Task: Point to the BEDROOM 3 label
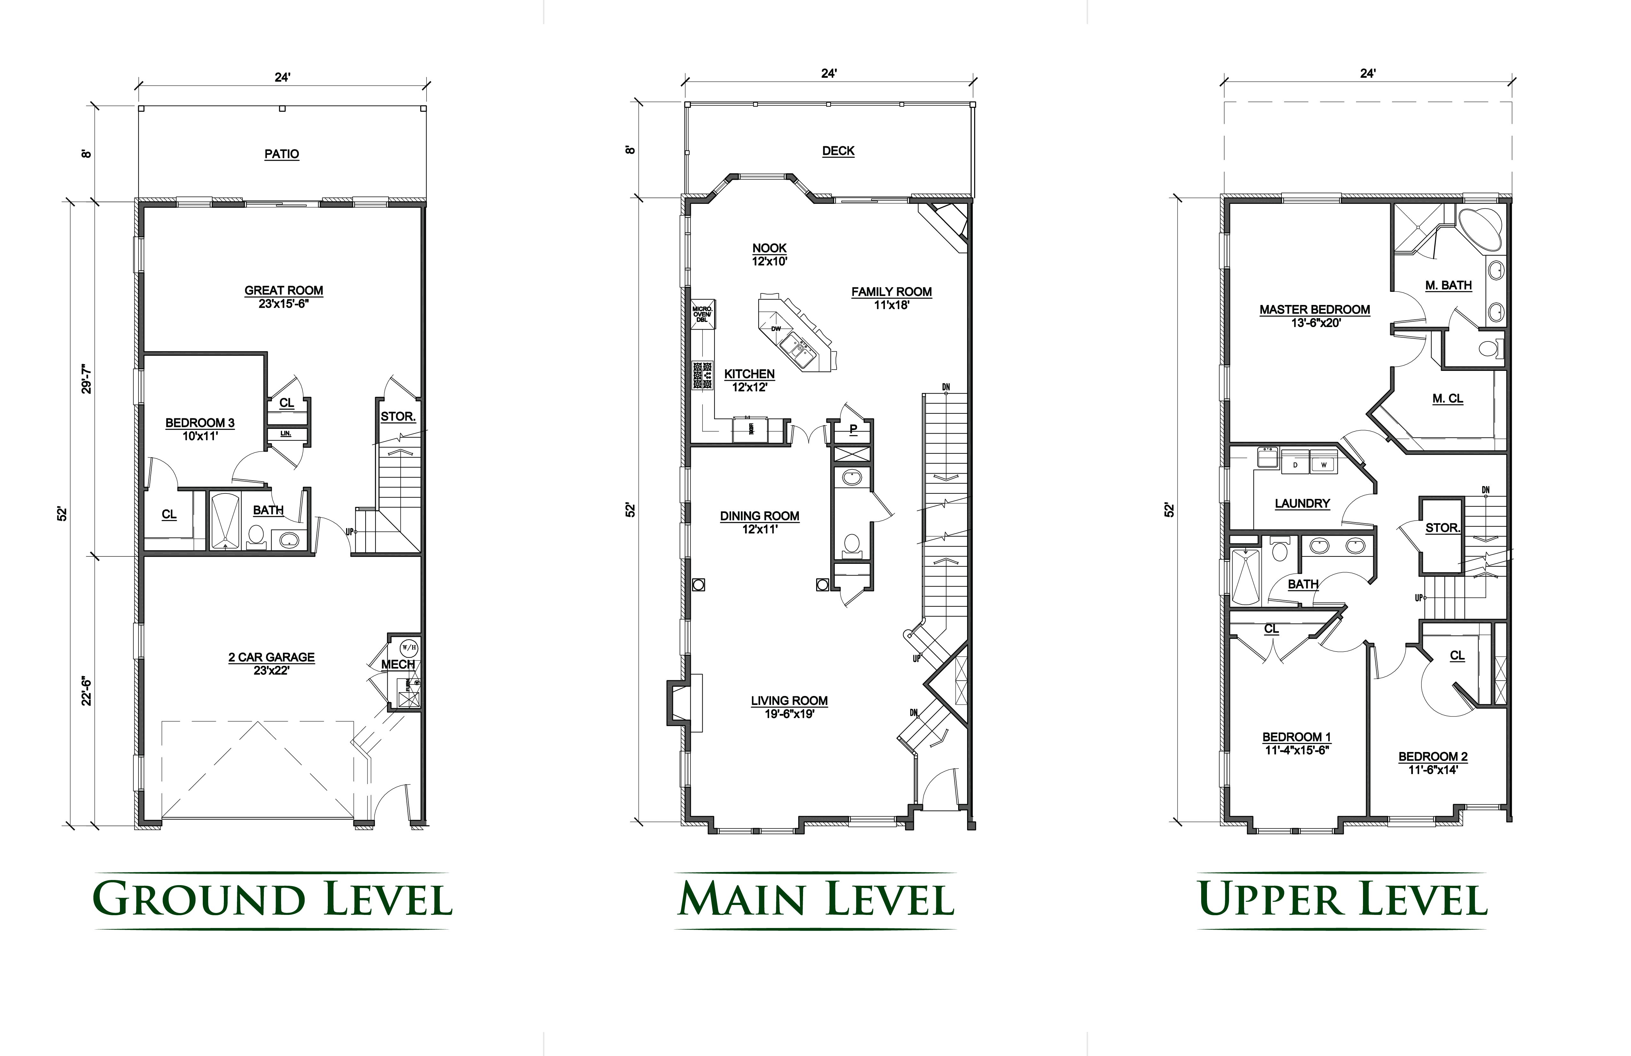pos(200,423)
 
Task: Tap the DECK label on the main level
pos(838,151)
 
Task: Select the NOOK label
pos(769,248)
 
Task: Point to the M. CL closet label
pos(1447,398)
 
